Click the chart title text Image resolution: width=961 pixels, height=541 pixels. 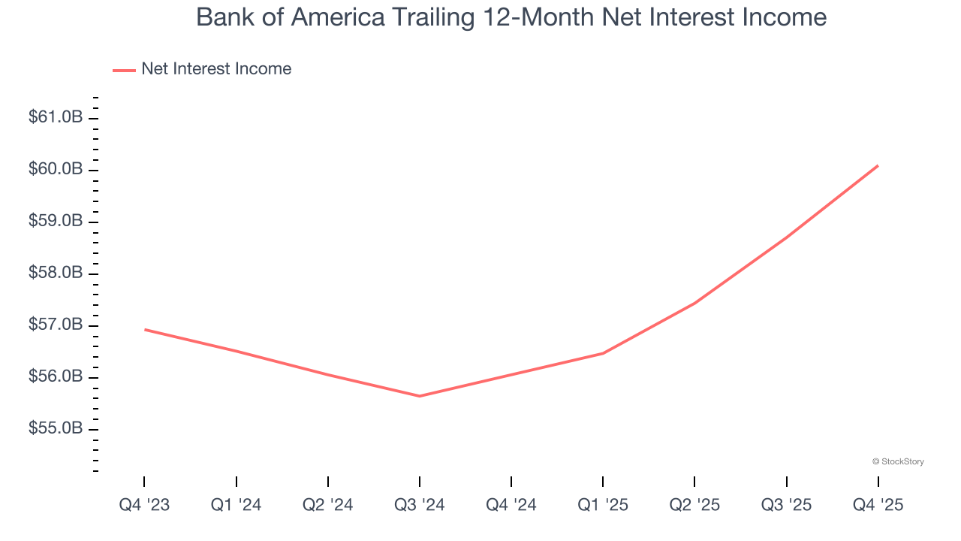click(x=511, y=17)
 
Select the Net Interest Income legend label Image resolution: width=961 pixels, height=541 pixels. click(x=216, y=69)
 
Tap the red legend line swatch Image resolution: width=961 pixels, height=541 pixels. click(x=124, y=70)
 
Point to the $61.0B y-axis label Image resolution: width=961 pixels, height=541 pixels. click(x=56, y=117)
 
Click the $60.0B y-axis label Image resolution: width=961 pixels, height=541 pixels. click(x=56, y=169)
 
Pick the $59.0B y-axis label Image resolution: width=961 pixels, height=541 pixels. click(x=56, y=221)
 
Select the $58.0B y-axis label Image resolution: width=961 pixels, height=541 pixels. click(x=56, y=273)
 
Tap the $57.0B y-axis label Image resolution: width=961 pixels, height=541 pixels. click(x=56, y=325)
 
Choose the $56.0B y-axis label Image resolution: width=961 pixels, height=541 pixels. click(x=56, y=376)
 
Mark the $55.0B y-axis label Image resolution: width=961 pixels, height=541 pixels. click(x=56, y=428)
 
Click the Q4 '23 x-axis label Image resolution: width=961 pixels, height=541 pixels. click(x=144, y=505)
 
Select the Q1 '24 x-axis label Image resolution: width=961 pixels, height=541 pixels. click(x=236, y=505)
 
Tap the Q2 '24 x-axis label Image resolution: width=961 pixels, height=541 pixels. click(x=327, y=505)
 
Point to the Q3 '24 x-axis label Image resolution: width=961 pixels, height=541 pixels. click(x=419, y=505)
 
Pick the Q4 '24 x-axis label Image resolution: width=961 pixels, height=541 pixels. click(x=511, y=505)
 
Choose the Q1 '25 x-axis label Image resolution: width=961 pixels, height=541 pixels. click(x=603, y=505)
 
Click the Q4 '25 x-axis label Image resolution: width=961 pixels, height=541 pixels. click(x=878, y=505)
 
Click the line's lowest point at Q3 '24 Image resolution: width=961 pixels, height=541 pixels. click(x=419, y=396)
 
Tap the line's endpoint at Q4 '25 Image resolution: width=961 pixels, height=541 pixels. click(x=878, y=165)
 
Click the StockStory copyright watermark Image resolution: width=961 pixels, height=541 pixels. click(x=898, y=461)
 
